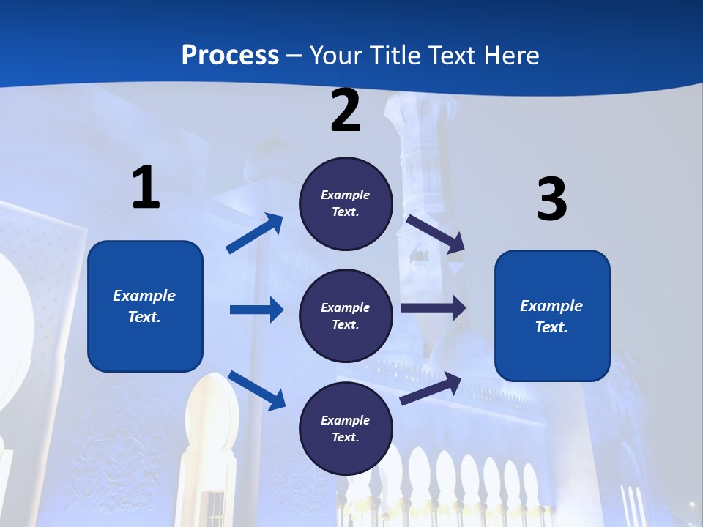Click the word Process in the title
coord(230,56)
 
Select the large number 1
coord(146,187)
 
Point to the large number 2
coord(346,111)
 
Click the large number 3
coord(551,199)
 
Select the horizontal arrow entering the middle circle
coord(256,310)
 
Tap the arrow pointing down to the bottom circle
coord(257,390)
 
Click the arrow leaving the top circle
coord(436,233)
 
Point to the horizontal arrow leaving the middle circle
coord(434,307)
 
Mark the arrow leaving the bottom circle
coord(431,389)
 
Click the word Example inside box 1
coord(144,296)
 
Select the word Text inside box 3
coord(551,327)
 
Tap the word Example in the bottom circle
coord(346,420)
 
